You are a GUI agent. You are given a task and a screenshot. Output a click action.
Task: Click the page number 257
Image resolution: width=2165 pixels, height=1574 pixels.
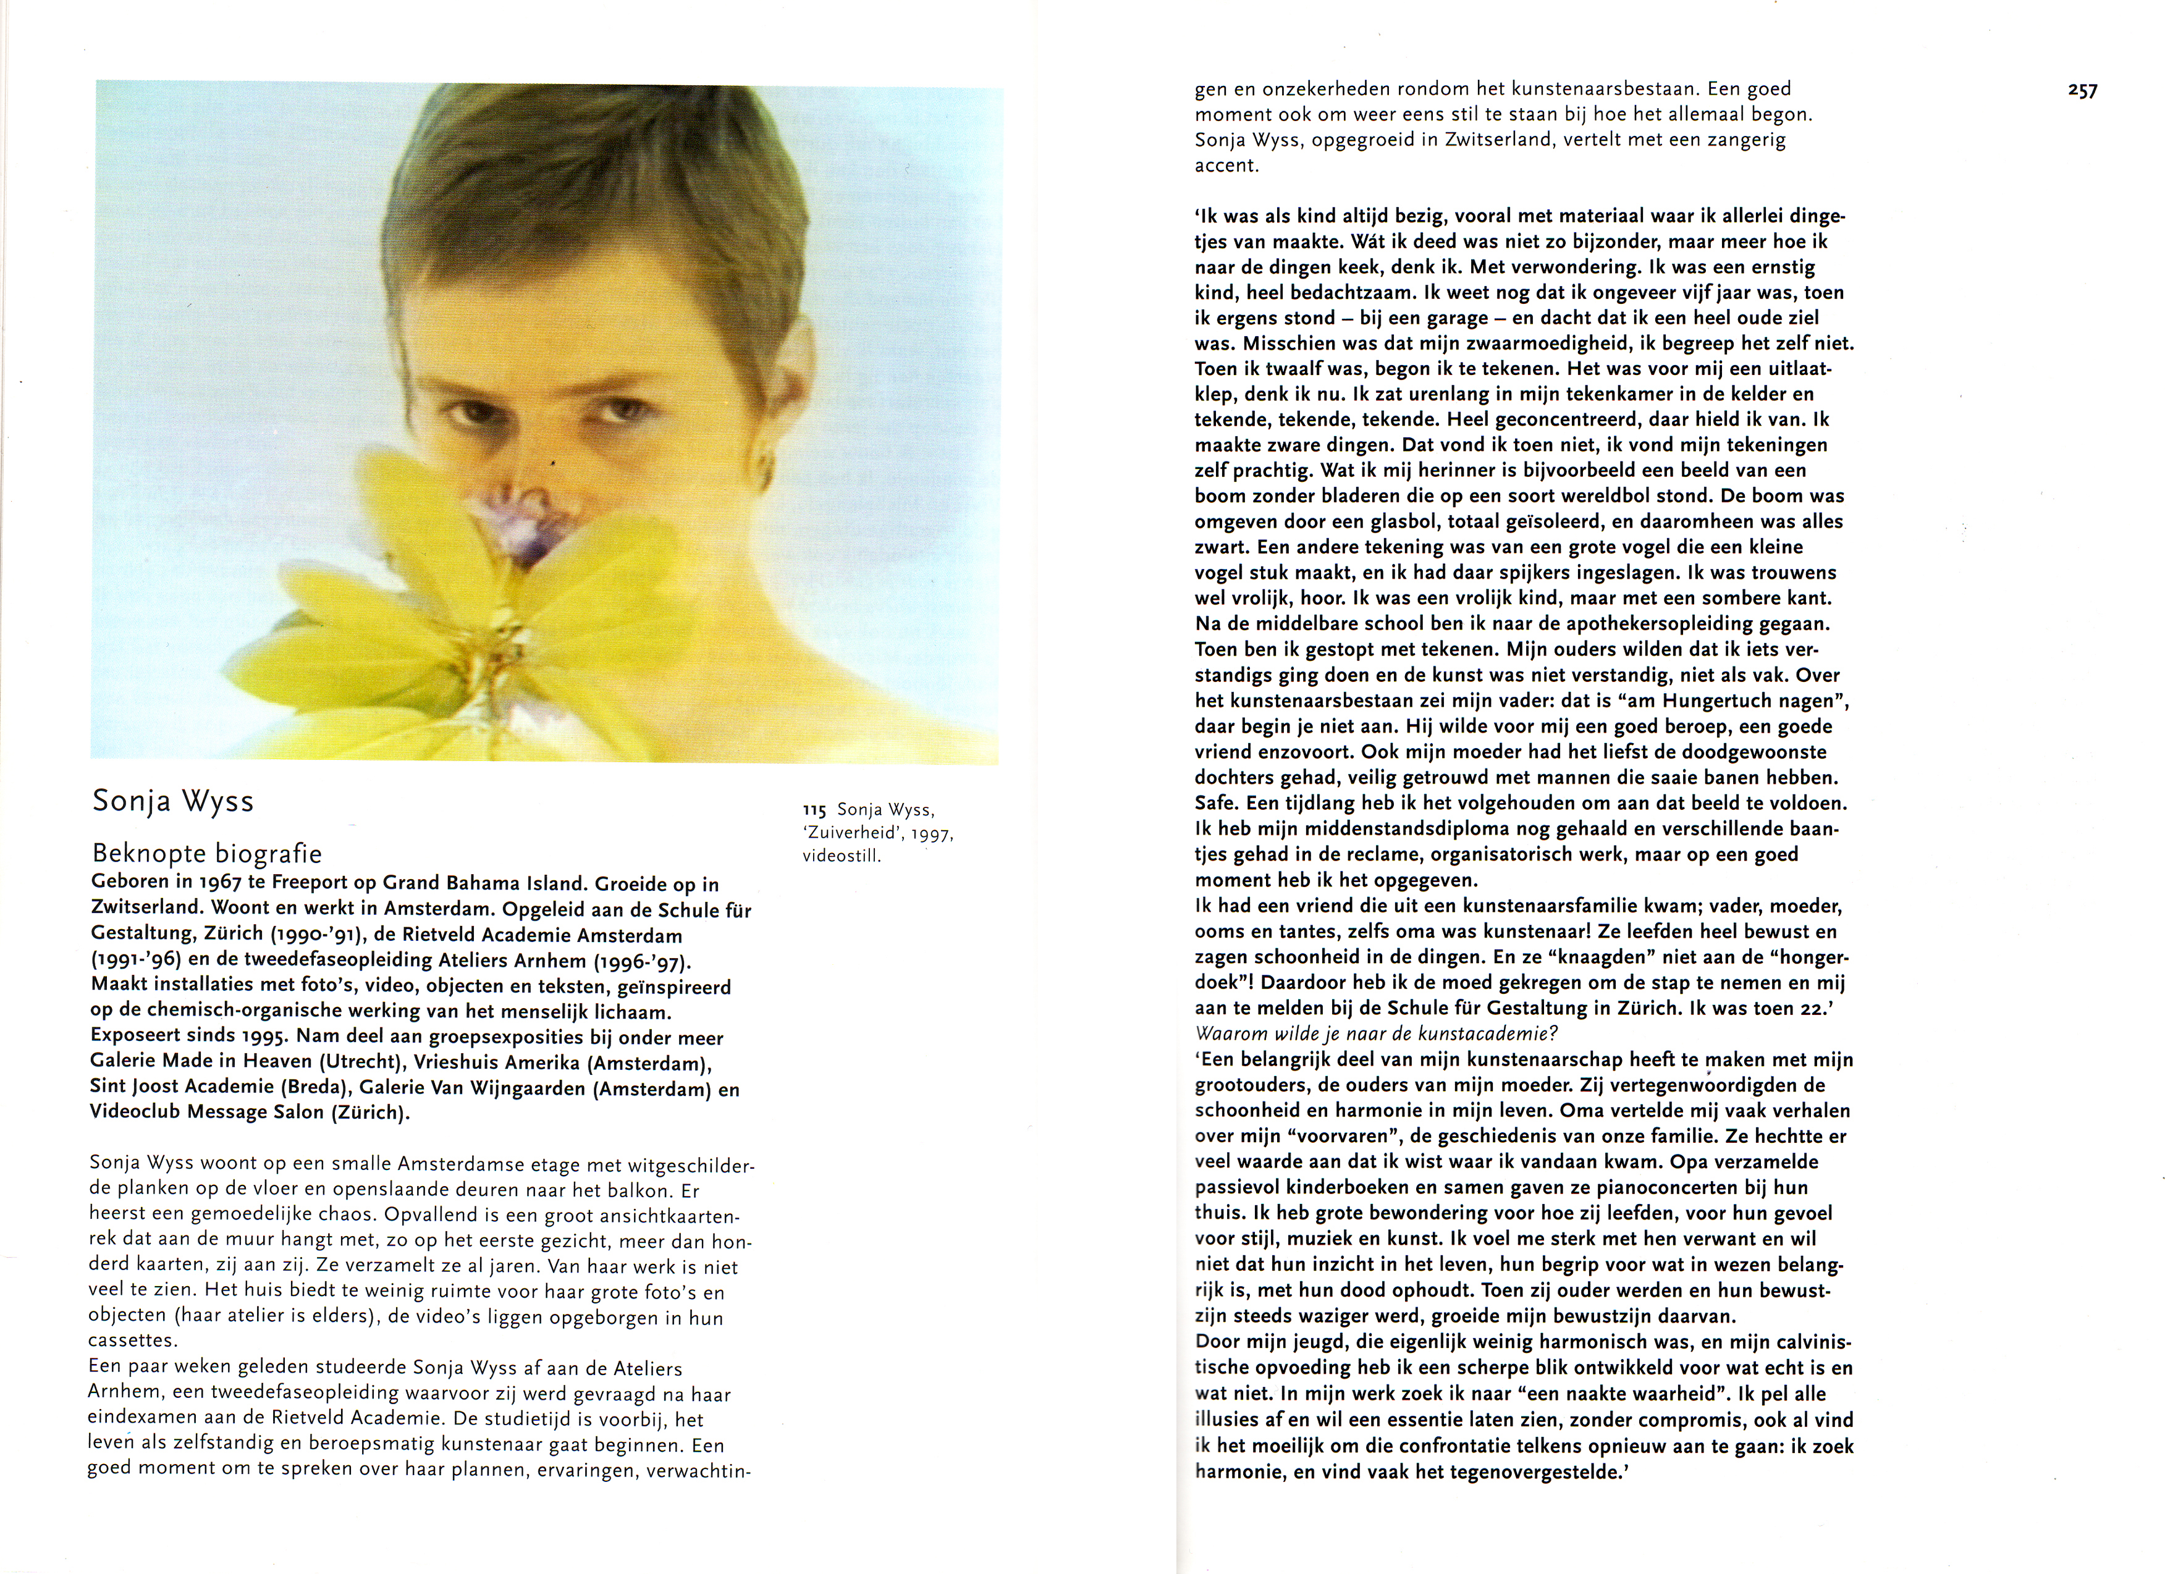[2083, 91]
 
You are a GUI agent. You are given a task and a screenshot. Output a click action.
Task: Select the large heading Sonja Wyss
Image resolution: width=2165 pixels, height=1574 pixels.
[173, 801]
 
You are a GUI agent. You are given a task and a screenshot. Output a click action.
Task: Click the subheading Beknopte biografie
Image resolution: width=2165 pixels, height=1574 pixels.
[207, 852]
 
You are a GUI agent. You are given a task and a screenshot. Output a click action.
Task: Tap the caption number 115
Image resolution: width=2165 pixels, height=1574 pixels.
[814, 810]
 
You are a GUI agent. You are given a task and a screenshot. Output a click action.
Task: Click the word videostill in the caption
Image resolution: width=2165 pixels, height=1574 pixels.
[841, 856]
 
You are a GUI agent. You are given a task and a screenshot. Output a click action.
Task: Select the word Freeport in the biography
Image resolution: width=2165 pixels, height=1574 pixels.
[311, 884]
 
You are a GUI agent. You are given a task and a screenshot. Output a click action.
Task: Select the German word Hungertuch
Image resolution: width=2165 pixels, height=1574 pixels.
[1758, 701]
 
